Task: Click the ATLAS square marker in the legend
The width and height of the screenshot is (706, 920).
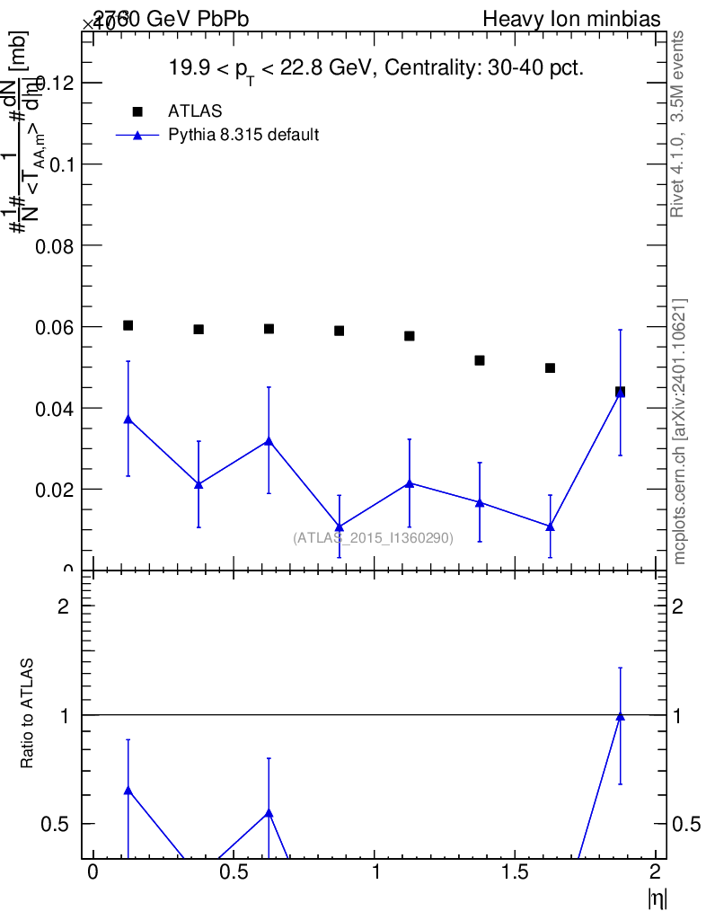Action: point(137,111)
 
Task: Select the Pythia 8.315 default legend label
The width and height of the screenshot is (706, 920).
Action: point(243,136)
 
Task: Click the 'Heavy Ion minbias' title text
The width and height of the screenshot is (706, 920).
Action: point(572,19)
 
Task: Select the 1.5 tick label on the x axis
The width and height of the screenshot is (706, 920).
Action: point(516,872)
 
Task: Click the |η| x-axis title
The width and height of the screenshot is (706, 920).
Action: point(657,898)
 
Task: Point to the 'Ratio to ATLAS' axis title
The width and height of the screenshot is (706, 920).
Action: point(28,714)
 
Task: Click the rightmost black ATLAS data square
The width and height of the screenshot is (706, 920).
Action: point(620,392)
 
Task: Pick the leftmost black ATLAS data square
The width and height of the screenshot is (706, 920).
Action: point(128,325)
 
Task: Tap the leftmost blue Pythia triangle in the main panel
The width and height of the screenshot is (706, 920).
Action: point(128,420)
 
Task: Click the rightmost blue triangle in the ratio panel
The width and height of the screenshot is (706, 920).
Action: point(620,716)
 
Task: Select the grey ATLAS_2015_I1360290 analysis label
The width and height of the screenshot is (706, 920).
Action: point(373,538)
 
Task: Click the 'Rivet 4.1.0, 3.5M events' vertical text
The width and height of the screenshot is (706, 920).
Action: point(678,123)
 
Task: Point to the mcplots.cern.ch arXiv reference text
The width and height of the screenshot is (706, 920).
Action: point(680,431)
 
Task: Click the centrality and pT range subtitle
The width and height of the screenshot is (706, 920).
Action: point(377,68)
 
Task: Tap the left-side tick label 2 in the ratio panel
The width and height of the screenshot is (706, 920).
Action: point(64,606)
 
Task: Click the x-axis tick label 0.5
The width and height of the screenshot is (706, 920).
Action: point(234,872)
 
